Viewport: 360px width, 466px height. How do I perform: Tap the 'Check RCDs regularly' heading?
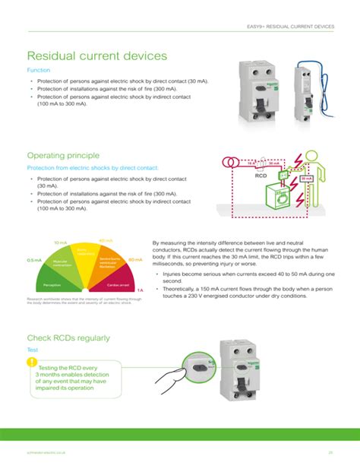68,338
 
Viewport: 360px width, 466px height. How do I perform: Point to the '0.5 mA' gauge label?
34,260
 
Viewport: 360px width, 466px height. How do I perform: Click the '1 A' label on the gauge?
140,290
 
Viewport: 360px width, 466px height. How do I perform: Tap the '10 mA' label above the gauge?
60,243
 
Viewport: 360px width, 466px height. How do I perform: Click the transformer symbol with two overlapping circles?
229,162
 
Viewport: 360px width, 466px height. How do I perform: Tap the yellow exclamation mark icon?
31,361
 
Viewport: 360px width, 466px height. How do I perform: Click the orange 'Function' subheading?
39,69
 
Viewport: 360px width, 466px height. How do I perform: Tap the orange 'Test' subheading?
33,350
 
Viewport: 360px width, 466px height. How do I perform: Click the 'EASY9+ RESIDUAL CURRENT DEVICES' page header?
291,27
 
